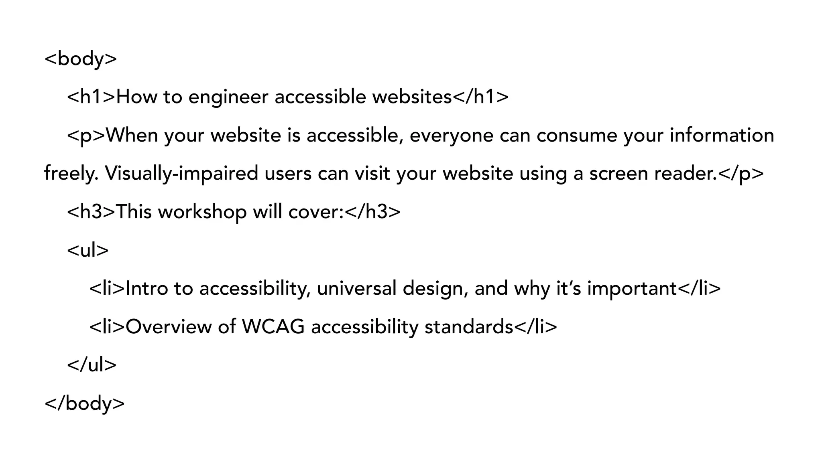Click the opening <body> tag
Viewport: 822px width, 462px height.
81,59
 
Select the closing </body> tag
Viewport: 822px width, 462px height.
85,403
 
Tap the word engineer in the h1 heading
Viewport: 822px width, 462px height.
228,97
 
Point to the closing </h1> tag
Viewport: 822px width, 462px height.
480,97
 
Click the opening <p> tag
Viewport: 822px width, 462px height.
86,136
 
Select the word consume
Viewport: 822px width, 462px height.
576,136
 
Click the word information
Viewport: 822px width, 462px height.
722,136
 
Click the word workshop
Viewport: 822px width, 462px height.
202,212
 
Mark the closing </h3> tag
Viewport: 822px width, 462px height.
372,212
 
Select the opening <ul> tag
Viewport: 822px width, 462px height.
88,250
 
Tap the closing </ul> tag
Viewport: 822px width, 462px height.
92,365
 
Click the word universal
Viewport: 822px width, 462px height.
356,288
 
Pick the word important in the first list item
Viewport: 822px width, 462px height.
632,288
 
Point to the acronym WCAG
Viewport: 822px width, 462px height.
273,327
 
